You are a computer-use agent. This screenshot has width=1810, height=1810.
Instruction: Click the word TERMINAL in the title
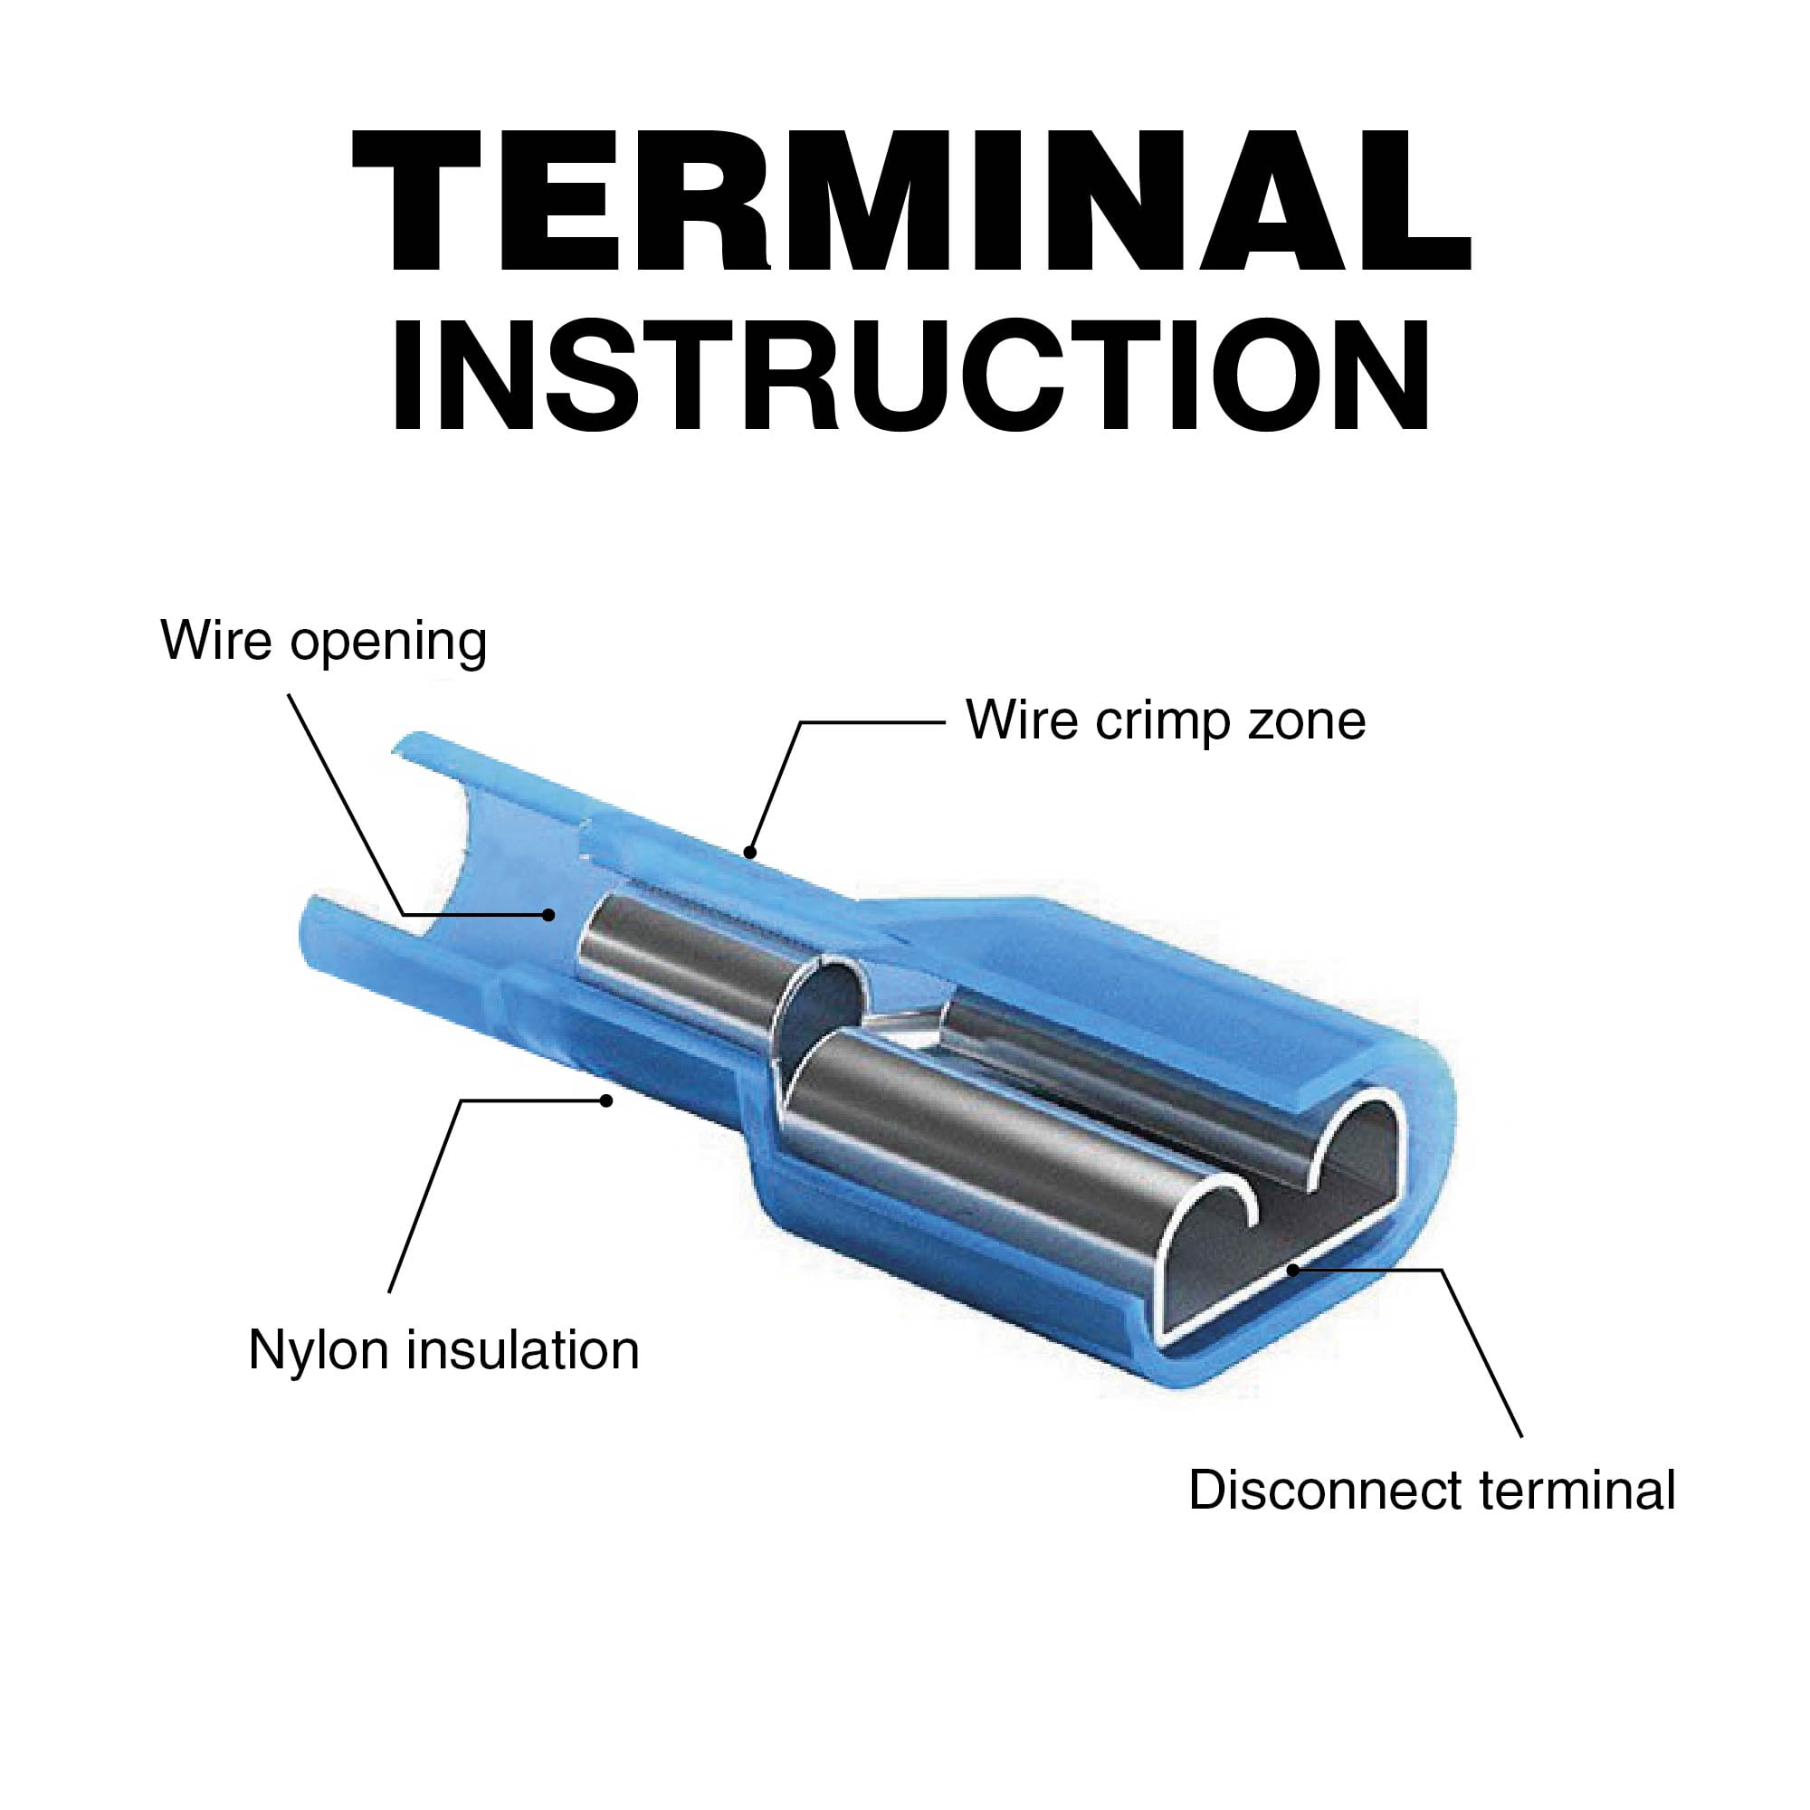click(x=911, y=201)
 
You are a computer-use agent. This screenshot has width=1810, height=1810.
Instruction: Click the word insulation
click(x=524, y=1350)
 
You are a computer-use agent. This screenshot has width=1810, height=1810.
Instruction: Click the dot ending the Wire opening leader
click(x=550, y=915)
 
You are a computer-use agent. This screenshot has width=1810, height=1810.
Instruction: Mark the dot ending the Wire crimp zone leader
click(x=748, y=853)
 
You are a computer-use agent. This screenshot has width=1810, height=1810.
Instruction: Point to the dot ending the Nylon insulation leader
click(x=606, y=1100)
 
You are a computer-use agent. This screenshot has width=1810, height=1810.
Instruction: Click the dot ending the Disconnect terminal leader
click(x=1292, y=1270)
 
